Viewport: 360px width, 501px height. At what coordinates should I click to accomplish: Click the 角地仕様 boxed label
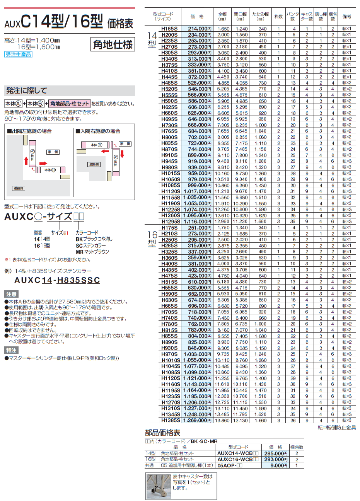[113, 45]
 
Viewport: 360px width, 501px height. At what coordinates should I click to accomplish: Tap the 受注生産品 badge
[18, 55]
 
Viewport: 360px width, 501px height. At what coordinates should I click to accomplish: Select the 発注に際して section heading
[26, 91]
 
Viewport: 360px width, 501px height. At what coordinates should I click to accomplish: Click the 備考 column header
[346, 17]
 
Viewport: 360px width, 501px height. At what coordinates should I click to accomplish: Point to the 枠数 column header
[278, 17]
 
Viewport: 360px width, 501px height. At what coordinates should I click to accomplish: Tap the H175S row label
[170, 228]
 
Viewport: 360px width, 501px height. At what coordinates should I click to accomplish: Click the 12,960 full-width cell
[223, 222]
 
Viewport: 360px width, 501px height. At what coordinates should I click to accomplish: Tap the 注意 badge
[11, 294]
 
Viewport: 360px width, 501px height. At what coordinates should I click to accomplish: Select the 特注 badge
[11, 350]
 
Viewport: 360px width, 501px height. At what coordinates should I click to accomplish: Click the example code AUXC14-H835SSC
[57, 280]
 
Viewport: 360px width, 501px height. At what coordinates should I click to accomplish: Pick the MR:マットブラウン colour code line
[92, 252]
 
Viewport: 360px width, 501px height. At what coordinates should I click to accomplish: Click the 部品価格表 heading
[162, 433]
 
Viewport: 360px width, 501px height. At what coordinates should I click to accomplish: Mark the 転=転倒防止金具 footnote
[336, 428]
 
